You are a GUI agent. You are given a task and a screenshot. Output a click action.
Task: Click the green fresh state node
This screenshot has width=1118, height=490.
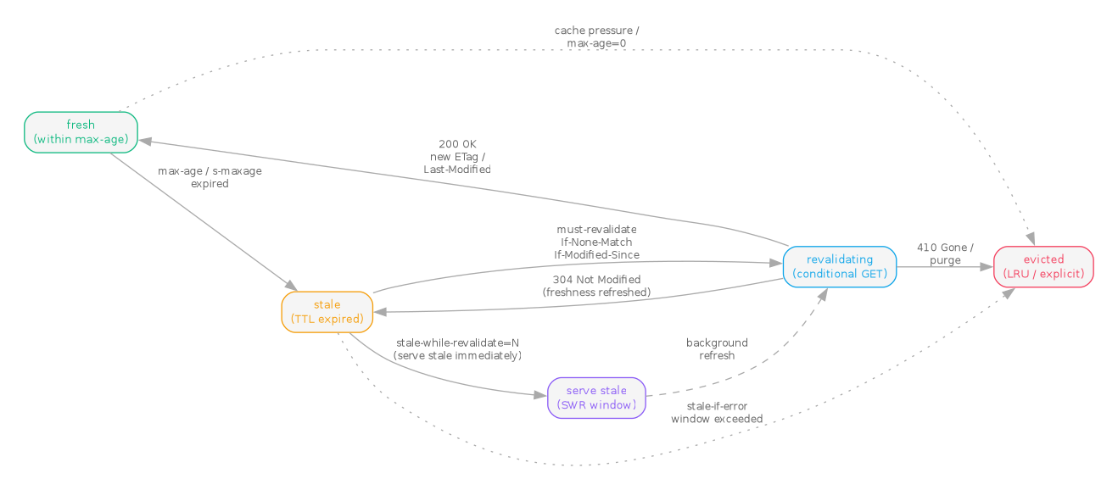click(x=81, y=132)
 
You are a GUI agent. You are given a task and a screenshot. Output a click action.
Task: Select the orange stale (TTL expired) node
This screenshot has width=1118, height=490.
click(x=327, y=312)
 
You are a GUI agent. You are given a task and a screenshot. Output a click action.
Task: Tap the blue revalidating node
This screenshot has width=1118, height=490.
click(x=839, y=267)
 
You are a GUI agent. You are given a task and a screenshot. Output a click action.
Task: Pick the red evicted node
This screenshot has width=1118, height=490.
click(x=1043, y=267)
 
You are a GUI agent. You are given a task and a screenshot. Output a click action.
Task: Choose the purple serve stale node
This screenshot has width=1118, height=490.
click(x=596, y=398)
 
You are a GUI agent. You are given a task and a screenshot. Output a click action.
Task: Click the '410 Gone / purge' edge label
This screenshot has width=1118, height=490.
click(x=945, y=254)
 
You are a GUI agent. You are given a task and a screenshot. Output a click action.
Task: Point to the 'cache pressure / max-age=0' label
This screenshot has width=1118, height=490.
click(x=596, y=36)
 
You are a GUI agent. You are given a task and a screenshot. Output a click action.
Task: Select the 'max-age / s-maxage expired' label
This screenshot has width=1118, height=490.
click(x=210, y=177)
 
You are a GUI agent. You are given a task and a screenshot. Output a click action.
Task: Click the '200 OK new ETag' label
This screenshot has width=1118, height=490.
click(x=457, y=156)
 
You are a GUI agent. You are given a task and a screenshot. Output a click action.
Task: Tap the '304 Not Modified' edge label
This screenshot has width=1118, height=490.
click(x=596, y=286)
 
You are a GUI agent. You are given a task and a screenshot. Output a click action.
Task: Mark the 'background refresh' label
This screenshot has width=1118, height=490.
click(x=717, y=349)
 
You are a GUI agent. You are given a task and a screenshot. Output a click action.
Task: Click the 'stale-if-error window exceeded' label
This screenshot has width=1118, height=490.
click(x=717, y=413)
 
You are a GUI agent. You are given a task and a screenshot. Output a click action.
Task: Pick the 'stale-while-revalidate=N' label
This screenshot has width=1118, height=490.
click(x=457, y=349)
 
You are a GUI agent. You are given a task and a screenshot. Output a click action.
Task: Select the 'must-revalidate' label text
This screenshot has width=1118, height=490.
click(x=596, y=242)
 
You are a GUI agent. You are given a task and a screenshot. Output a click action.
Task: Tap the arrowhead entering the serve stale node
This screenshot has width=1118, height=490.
click(x=542, y=395)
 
